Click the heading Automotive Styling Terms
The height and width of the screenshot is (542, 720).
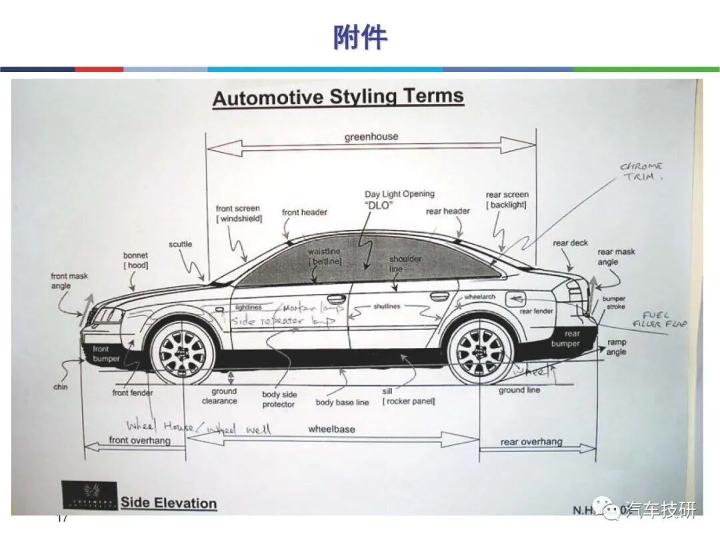pyautogui.click(x=338, y=97)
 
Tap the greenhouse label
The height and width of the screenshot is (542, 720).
pyautogui.click(x=371, y=137)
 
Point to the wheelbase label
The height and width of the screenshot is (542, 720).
pyautogui.click(x=331, y=429)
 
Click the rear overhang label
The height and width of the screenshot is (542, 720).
pyautogui.click(x=531, y=442)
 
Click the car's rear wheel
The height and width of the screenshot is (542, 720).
pyautogui.click(x=480, y=352)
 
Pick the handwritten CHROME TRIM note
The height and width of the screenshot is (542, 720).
pyautogui.click(x=642, y=171)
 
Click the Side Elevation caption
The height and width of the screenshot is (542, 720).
pyautogui.click(x=169, y=503)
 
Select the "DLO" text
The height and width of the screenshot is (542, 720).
pyautogui.click(x=378, y=205)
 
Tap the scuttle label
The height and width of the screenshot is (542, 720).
pyautogui.click(x=180, y=244)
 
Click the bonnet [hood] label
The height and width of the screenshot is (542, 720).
pyautogui.click(x=135, y=260)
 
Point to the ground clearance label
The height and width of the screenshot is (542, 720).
pyautogui.click(x=220, y=396)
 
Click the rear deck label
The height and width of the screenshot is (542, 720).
pyautogui.click(x=570, y=243)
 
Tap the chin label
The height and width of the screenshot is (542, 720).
pyautogui.click(x=61, y=387)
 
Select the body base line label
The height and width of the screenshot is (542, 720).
pyautogui.click(x=342, y=403)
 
